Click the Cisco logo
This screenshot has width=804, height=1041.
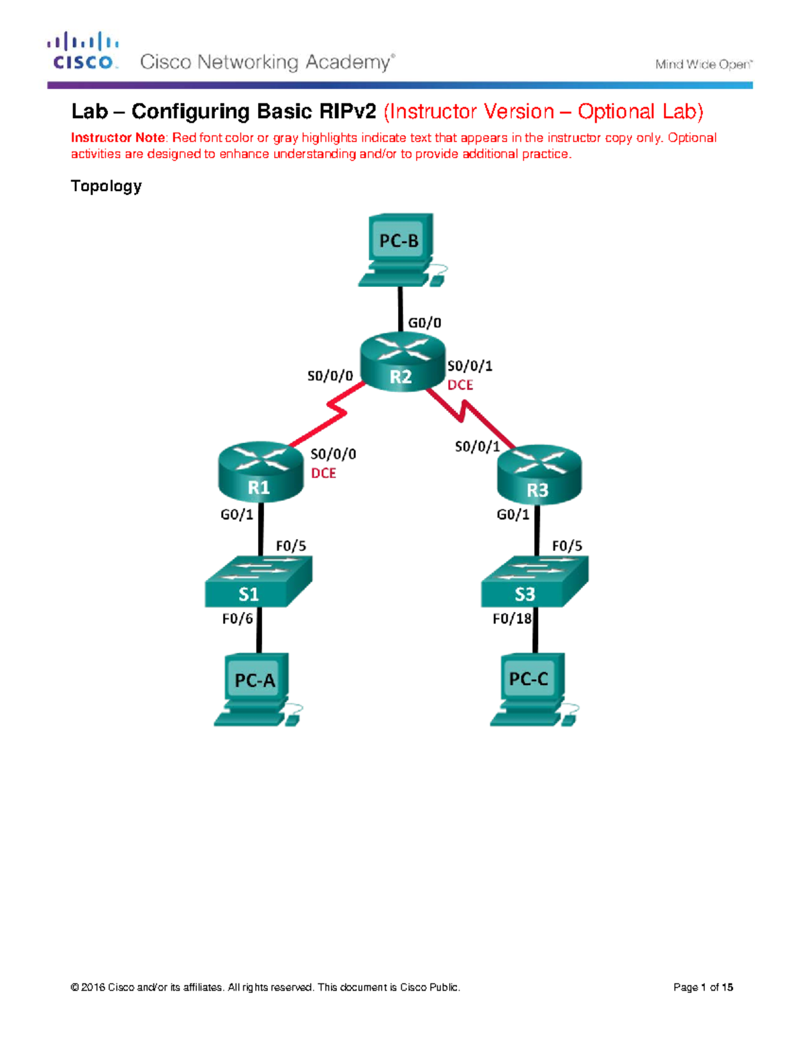point(83,52)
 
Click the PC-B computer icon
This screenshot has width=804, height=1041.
point(399,248)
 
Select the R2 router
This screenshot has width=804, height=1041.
point(402,363)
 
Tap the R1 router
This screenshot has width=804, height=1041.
point(261,472)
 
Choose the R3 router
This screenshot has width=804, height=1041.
point(539,474)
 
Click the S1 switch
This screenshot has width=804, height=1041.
point(258,582)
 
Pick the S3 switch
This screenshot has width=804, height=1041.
point(534,582)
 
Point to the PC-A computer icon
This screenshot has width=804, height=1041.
point(256,689)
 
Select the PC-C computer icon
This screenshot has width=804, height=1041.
point(531,689)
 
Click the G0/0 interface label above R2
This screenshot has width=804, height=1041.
point(425,323)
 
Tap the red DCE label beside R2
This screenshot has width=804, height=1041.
point(460,385)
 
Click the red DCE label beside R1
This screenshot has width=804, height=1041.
point(324,473)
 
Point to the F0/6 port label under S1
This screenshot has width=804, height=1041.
point(237,619)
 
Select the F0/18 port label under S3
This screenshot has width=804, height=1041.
point(512,619)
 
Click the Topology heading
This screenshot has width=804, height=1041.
point(106,186)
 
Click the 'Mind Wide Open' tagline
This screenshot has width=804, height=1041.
point(703,64)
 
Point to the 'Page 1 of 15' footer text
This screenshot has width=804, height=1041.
point(703,987)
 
